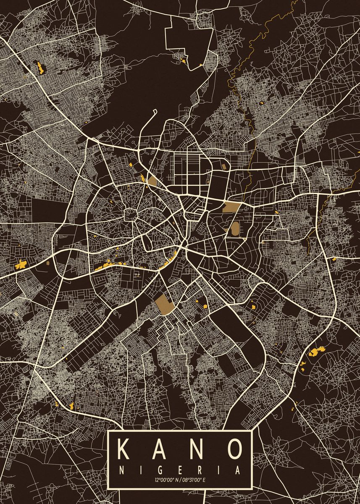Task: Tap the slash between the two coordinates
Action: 180,479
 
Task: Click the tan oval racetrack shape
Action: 234,228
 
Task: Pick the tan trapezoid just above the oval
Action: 230,207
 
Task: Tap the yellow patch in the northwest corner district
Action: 40,67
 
